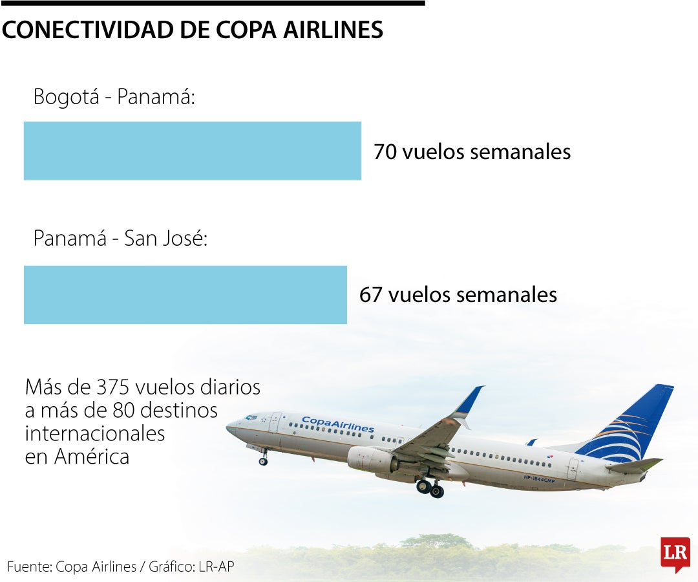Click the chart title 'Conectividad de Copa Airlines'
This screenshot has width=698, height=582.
(192, 30)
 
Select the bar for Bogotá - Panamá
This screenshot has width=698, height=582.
(192, 151)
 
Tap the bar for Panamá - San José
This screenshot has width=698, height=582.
(185, 294)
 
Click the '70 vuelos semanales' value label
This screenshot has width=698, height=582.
(472, 152)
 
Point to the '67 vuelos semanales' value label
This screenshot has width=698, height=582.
(458, 295)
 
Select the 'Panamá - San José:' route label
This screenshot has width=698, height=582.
(120, 239)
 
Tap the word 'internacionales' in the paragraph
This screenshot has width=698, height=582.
(94, 433)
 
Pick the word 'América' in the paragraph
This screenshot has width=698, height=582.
(92, 457)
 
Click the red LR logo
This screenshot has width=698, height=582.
(675, 554)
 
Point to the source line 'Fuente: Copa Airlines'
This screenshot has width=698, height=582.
(72, 567)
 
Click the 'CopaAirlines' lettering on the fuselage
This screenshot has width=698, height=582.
(337, 424)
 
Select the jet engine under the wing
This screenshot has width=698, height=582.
(371, 460)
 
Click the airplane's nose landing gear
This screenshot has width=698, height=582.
(263, 460)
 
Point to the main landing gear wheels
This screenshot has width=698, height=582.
(430, 488)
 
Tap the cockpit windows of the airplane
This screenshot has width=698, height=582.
(250, 418)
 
